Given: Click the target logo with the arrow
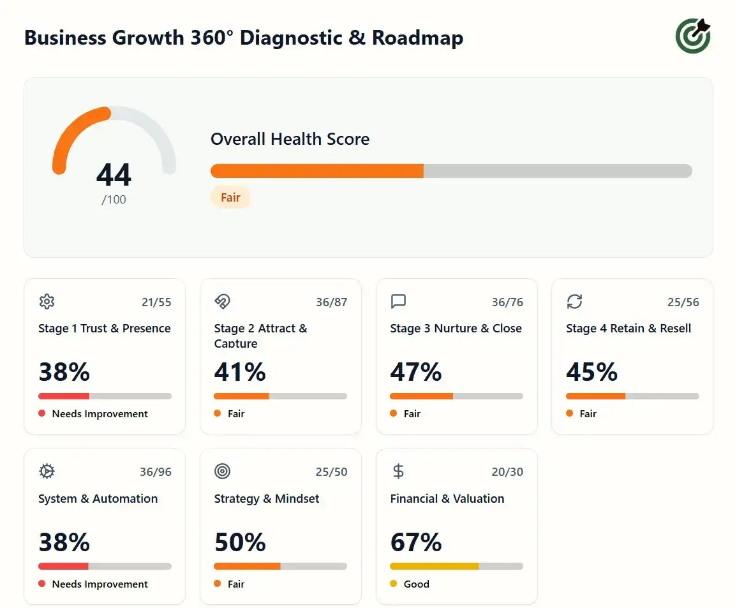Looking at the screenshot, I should coord(693,36).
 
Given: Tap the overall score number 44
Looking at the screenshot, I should coord(114,175).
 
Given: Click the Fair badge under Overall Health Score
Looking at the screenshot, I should coord(230,198).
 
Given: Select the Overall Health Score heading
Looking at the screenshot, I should coord(290,139).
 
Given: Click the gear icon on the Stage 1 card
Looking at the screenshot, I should coord(47,302).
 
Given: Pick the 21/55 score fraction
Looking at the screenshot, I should coord(156,302).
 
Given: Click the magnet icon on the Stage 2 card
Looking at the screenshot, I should coord(222,302).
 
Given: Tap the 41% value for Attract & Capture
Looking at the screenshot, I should coord(240,372).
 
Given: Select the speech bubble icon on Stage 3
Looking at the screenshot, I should coord(398,302).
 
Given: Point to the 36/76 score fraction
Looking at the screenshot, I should coord(507,302).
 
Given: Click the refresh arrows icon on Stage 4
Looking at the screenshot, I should coord(574,302).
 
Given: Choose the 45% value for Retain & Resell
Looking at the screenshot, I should coord(592,372).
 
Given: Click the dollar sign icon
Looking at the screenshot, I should coord(398,471).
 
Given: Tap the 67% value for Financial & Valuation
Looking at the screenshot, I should coord(416,542).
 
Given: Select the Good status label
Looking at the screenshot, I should coord(416,584).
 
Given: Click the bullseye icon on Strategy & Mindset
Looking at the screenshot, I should coord(222,471).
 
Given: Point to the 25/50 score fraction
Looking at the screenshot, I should coord(332,472).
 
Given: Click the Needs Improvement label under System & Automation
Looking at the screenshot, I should coord(100,584).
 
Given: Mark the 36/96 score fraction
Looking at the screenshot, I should coord(156,472).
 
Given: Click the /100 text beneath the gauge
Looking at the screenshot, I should coord(114,200).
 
